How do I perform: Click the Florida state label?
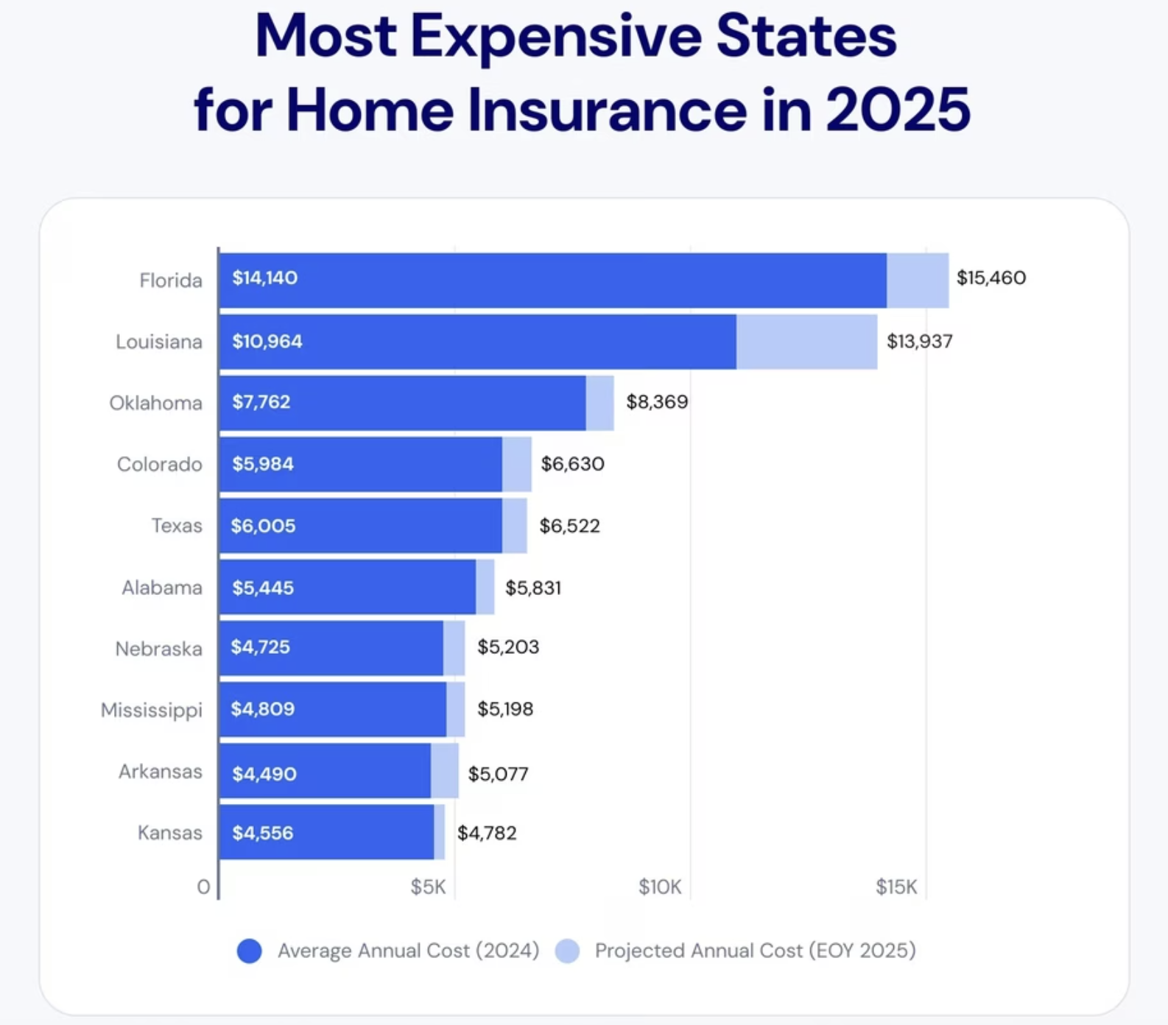click(x=170, y=281)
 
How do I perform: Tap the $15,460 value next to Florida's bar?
click(x=991, y=278)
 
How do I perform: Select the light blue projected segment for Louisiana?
click(x=806, y=342)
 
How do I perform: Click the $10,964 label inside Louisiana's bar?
click(x=267, y=342)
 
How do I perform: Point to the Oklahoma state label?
click(x=155, y=403)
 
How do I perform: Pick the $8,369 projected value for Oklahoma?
click(x=657, y=401)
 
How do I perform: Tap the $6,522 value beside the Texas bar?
click(x=569, y=526)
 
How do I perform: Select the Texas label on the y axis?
click(x=177, y=526)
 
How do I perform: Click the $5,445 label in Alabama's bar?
click(x=263, y=588)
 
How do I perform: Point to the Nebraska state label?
click(x=158, y=649)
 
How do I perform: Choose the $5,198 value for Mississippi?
click(x=505, y=708)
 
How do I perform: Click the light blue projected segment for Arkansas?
click(x=445, y=771)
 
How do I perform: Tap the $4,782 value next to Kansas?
click(x=487, y=833)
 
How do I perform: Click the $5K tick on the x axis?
click(x=428, y=887)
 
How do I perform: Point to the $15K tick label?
click(x=896, y=887)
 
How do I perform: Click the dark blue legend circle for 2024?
click(x=250, y=951)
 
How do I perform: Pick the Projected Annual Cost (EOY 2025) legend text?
click(x=755, y=951)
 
